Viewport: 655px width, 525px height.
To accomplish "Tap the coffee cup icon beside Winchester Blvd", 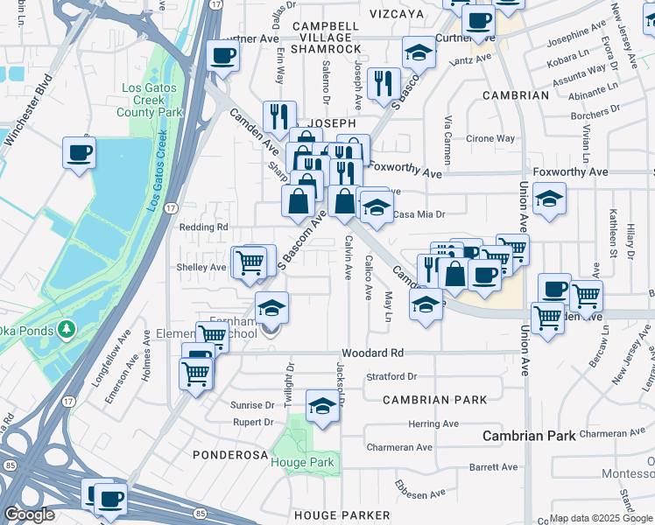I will (79, 153).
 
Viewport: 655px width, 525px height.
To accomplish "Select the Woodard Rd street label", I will (372, 353).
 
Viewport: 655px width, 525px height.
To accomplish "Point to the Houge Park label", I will (301, 461).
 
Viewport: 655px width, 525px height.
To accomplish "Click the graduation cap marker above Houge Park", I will (322, 406).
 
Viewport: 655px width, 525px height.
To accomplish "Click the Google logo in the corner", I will (29, 514).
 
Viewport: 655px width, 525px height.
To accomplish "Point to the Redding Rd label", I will (203, 227).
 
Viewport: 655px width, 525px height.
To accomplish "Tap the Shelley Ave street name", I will (202, 267).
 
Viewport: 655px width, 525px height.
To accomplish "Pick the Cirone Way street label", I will (489, 138).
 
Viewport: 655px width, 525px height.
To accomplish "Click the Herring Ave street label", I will (433, 423).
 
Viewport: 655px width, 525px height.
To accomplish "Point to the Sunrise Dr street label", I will (252, 405).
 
